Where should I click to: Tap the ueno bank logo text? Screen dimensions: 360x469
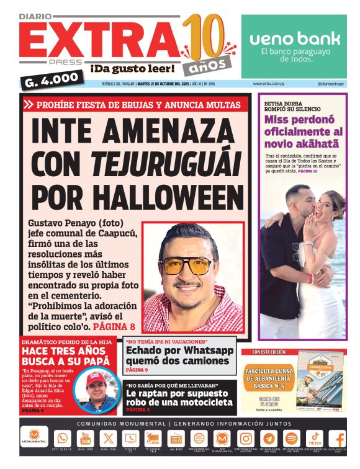point(295,38)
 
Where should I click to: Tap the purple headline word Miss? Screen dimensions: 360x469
point(278,119)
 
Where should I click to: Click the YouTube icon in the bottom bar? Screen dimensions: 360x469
point(85,438)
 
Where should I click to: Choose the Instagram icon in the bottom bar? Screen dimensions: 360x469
point(246,438)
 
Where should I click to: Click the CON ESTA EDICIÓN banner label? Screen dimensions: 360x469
point(268,352)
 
